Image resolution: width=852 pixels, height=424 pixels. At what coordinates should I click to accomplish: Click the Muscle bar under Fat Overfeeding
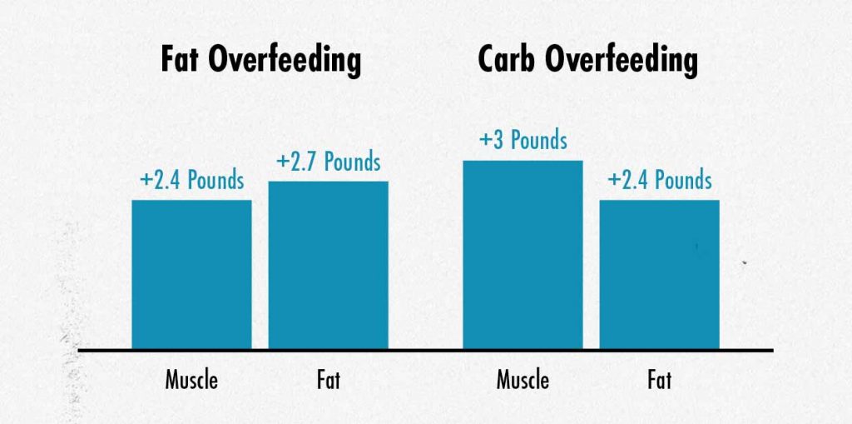[191, 274]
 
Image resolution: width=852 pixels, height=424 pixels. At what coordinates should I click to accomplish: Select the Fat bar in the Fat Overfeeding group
[328, 265]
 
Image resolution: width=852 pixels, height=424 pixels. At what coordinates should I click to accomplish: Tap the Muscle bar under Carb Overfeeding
[523, 254]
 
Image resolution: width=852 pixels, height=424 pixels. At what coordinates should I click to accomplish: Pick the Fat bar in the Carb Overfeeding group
[659, 274]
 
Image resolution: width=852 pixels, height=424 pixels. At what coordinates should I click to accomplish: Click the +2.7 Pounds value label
[328, 162]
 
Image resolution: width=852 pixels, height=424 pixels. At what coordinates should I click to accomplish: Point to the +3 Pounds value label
[523, 140]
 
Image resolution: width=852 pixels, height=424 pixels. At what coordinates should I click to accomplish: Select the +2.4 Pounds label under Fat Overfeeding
[191, 180]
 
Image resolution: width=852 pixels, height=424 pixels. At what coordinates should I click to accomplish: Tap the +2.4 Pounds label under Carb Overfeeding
[659, 180]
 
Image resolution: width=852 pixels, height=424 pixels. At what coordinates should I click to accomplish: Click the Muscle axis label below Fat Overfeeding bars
[191, 381]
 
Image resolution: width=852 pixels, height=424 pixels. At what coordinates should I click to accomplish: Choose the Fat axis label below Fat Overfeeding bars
[328, 381]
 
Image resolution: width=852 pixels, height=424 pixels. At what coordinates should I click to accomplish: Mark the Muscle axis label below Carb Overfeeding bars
[523, 381]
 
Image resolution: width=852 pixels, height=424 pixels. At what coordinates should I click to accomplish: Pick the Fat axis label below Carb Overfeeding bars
[659, 381]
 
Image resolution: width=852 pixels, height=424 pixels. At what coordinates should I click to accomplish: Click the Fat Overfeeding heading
[260, 62]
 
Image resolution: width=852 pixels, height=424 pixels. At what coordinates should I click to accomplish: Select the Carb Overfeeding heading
[587, 62]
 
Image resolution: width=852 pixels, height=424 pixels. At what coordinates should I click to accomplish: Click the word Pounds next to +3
[538, 140]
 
